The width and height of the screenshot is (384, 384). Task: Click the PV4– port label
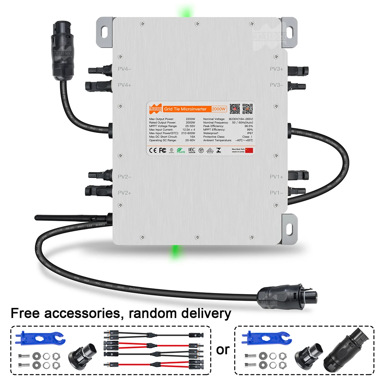125,69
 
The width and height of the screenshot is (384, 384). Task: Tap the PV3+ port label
276,69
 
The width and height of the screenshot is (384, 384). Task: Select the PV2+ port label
125,193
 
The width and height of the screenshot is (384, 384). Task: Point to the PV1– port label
276,193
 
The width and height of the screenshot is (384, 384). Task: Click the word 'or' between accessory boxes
223,349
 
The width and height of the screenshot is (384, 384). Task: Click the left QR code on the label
235,109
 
